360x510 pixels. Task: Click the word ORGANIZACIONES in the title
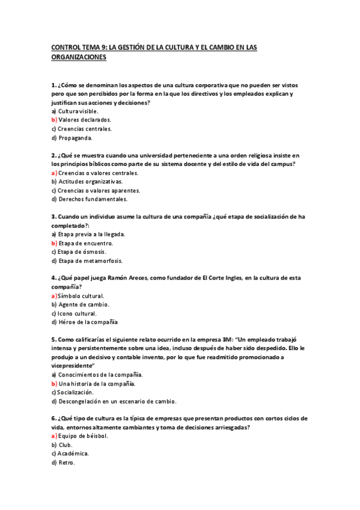coord(79,57)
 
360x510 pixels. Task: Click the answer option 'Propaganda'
coord(75,138)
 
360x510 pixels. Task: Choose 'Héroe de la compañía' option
coord(88,322)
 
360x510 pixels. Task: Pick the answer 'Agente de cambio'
coord(84,304)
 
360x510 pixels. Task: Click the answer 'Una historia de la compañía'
coord(96,383)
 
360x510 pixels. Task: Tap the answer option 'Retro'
coord(66,462)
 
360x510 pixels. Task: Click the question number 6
coord(53,418)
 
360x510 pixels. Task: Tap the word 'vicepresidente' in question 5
coord(73,366)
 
